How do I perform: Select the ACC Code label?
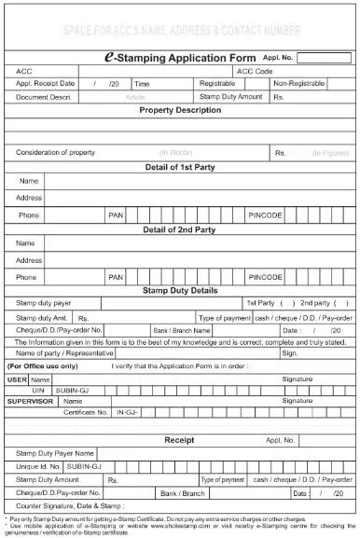tap(256, 71)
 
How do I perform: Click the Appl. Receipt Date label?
tap(45, 83)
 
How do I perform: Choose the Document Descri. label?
tap(44, 96)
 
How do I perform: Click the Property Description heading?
tap(180, 109)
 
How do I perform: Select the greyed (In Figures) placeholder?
tap(328, 151)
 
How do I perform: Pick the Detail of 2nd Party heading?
tap(180, 228)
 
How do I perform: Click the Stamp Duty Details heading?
tap(180, 290)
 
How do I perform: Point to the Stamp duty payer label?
tap(44, 303)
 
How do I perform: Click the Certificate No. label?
tap(86, 410)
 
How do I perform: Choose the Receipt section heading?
tap(179, 438)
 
